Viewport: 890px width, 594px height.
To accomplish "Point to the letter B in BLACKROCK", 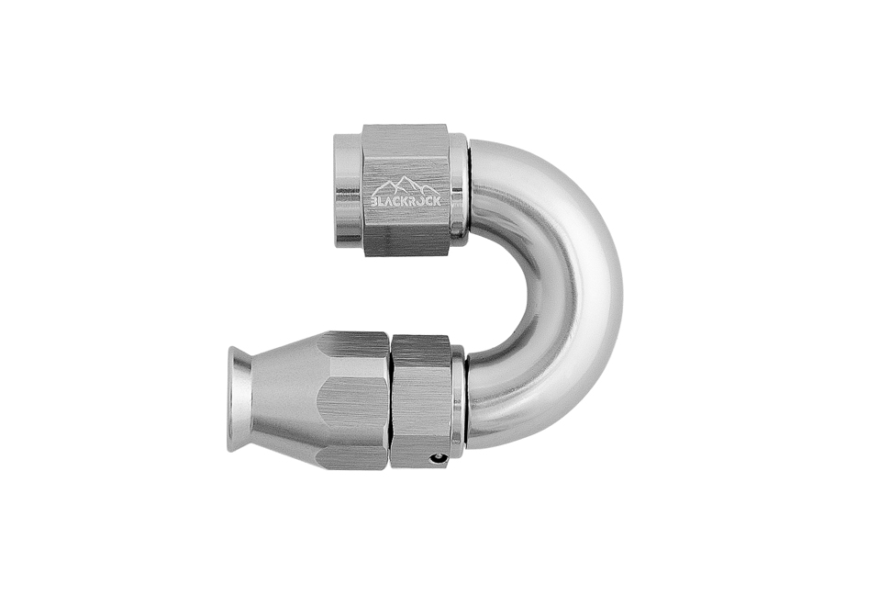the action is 374,201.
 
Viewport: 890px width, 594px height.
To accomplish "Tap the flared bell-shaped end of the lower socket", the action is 238,401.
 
